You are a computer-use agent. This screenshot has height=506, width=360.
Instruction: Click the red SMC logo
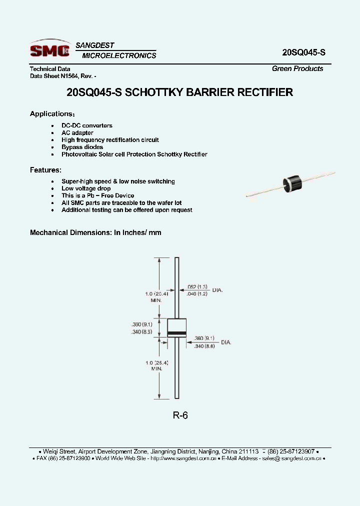point(49,50)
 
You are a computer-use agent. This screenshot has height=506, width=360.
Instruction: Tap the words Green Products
point(297,68)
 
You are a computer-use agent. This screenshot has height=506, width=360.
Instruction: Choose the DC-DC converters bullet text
point(87,125)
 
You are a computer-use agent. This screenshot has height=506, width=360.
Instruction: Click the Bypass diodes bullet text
point(82,147)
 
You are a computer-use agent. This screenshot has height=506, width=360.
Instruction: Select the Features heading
point(45,170)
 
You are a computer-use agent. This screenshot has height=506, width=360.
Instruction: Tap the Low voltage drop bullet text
point(86,188)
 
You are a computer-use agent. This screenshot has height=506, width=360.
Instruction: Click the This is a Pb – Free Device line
point(98,195)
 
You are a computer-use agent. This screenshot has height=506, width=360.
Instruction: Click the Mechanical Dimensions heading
point(95,232)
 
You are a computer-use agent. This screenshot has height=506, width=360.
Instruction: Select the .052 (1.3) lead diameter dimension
point(197,286)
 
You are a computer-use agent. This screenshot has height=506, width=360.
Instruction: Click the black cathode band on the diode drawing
point(176,332)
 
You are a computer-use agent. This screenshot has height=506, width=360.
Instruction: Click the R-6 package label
point(180,415)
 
